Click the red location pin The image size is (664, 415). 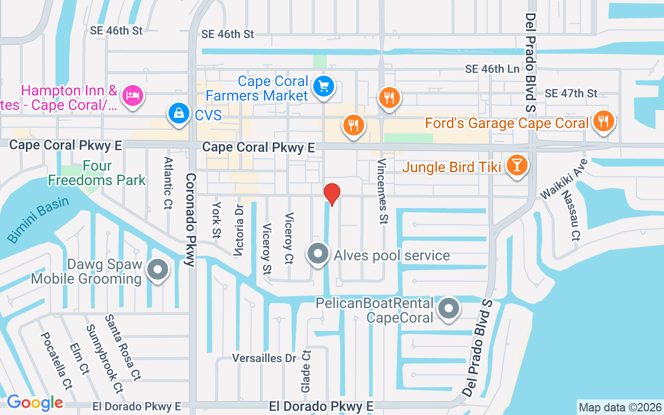pos(332,194)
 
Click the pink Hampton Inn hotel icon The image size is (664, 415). pos(132,95)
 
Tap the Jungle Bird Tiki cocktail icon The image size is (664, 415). pos(517,165)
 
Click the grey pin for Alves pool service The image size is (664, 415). pos(318,254)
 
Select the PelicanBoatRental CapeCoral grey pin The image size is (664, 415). pos(449,309)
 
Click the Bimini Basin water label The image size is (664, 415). pos(38,219)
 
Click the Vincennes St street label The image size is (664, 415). pos(383,191)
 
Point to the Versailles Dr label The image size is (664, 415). pos(264,358)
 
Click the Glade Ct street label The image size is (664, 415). pos(306,370)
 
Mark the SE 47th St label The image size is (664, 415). pos(571,93)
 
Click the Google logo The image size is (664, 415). pos(35,402)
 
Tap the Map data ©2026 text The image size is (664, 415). pos(620,407)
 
